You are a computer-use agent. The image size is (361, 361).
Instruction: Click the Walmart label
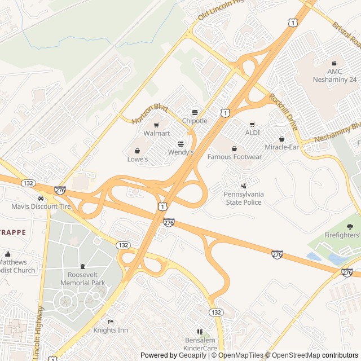[x=156, y=134]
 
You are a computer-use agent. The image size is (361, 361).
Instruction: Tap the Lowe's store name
[x=137, y=160]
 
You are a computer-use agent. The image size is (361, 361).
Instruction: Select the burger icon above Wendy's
[x=180, y=144]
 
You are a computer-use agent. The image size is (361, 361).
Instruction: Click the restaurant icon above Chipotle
[x=195, y=112]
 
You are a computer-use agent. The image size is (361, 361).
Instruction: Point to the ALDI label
[x=252, y=133]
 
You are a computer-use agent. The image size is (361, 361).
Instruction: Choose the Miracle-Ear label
[x=281, y=147]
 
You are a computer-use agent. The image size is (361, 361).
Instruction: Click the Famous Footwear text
[x=235, y=157]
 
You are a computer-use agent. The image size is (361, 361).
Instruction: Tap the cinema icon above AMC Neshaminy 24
[x=334, y=63]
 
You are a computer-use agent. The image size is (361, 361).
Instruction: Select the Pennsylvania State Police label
[x=244, y=198]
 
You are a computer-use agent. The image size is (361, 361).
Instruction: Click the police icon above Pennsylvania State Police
[x=244, y=185]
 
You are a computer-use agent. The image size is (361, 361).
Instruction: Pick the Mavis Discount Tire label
[x=42, y=206]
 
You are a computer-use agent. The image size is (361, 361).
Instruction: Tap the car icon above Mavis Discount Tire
[x=41, y=198]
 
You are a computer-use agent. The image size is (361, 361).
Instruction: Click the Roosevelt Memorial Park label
[x=82, y=279]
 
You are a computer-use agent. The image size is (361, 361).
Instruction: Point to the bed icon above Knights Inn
[x=111, y=322]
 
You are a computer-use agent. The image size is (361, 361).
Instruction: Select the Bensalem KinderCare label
[x=201, y=345]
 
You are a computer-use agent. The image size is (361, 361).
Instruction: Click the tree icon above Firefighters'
[x=350, y=227]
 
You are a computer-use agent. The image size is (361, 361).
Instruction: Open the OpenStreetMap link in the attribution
[x=293, y=355]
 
